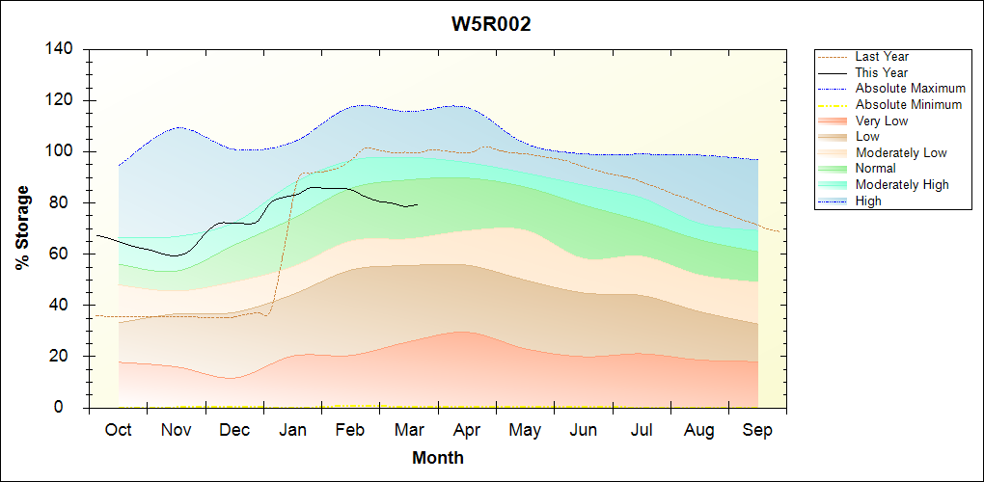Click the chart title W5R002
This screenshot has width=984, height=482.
491,24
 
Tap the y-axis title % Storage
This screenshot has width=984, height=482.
22,228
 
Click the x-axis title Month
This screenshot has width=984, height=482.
437,458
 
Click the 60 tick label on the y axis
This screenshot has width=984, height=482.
68,254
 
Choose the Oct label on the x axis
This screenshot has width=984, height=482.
118,430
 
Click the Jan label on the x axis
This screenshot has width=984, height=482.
292,430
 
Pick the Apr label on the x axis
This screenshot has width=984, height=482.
467,430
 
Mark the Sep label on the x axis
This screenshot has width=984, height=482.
757,430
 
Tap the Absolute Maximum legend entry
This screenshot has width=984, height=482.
910,89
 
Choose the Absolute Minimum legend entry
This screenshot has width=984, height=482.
908,104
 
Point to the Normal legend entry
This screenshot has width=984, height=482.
875,169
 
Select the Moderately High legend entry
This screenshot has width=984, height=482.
902,184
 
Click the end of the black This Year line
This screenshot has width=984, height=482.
418,204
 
